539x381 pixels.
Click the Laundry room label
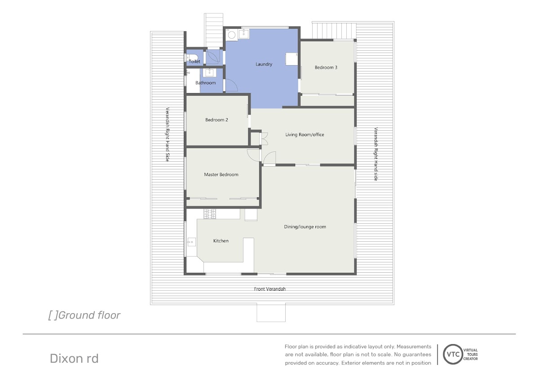tap(264, 64)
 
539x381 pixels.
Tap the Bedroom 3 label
tap(326, 67)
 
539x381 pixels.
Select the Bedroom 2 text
tap(216, 120)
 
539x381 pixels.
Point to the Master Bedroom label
tap(221, 174)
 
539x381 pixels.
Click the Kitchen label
tap(221, 241)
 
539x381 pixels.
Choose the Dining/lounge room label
tap(305, 227)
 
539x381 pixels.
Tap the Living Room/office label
tap(305, 134)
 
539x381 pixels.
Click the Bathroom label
tap(206, 83)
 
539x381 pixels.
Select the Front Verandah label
tap(270, 289)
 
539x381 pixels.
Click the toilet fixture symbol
tap(192, 58)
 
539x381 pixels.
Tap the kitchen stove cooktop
tap(210, 214)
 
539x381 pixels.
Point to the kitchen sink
tap(191, 242)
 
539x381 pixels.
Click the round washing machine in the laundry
tap(231, 35)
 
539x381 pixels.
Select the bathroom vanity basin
tap(209, 72)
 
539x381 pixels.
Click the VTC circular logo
tap(453, 354)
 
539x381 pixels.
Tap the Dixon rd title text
tap(74, 359)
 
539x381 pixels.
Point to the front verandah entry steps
tap(271, 313)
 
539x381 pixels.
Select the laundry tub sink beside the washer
tap(244, 34)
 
